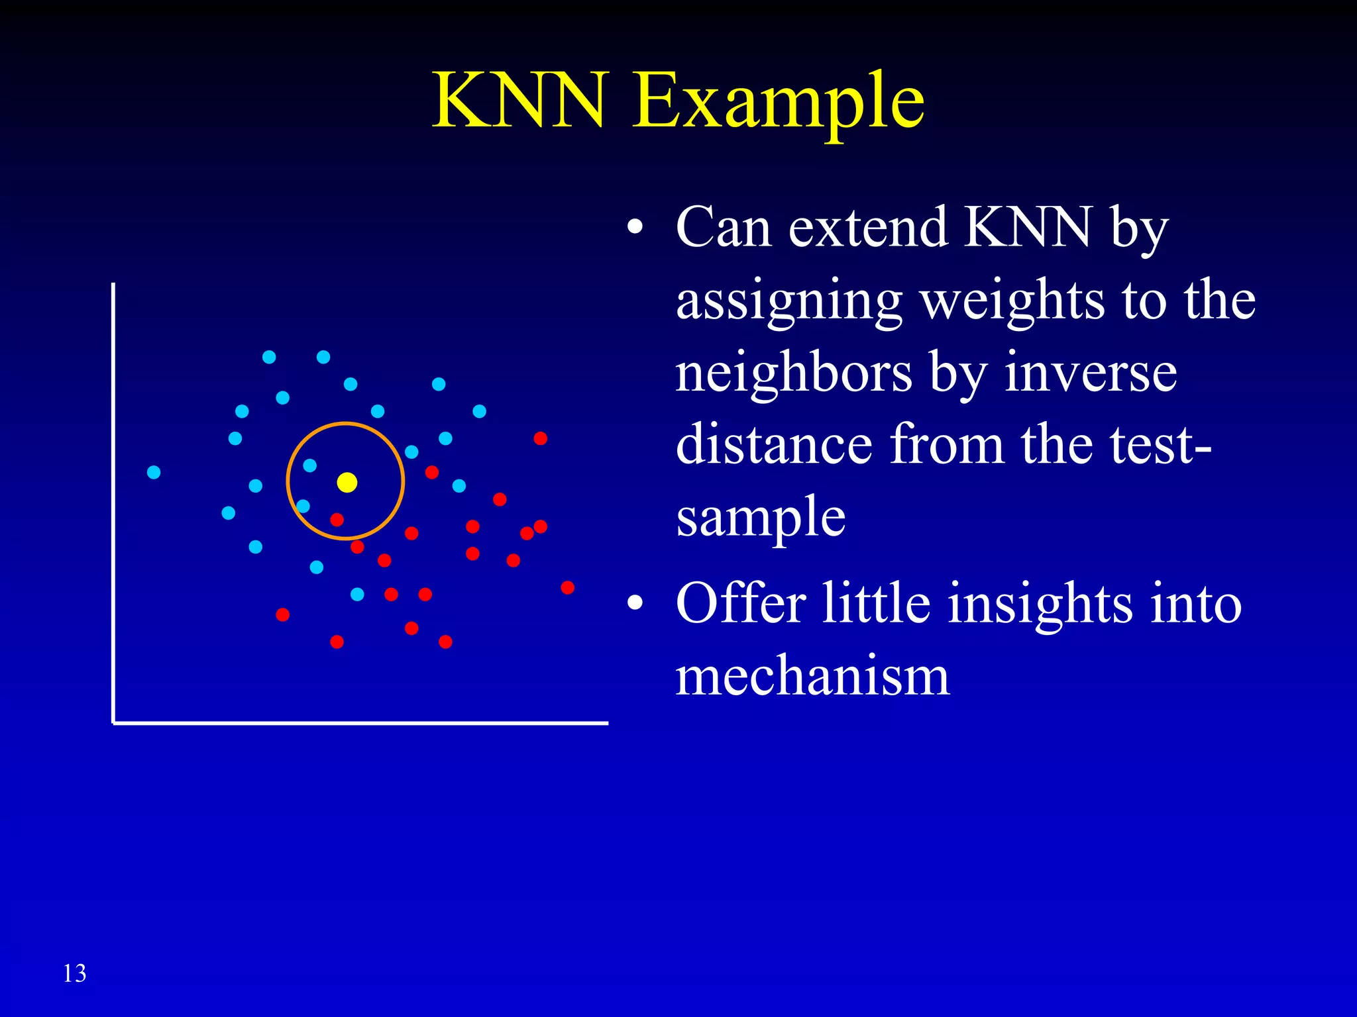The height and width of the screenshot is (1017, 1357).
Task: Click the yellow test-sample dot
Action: [347, 482]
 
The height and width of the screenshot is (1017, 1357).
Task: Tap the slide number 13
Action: [74, 973]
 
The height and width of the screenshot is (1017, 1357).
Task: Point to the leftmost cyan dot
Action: [154, 472]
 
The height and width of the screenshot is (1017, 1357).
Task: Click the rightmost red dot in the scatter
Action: [567, 587]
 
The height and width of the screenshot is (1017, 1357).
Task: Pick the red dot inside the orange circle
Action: [337, 520]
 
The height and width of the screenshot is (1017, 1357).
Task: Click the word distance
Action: [774, 444]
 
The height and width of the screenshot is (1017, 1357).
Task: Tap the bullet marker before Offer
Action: [635, 603]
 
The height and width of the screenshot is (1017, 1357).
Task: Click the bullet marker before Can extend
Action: [635, 228]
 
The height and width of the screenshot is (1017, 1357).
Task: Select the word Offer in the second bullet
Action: [741, 603]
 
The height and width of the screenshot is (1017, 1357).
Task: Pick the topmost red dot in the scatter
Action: [540, 438]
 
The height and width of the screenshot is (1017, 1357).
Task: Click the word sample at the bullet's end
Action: [761, 517]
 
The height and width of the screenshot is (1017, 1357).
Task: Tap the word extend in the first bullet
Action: [868, 228]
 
